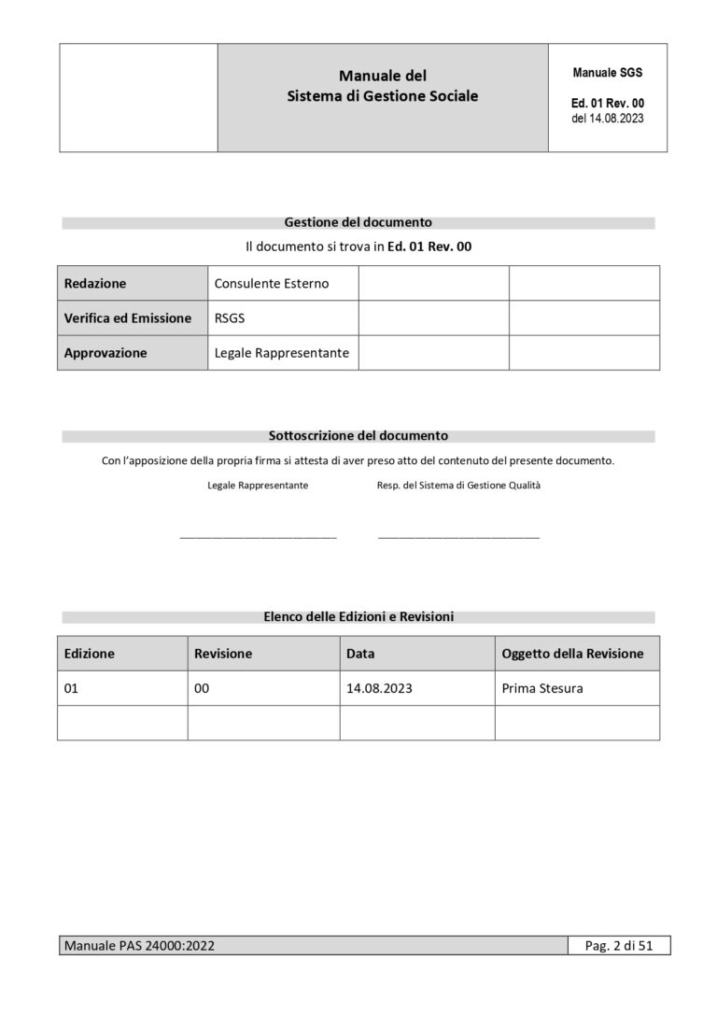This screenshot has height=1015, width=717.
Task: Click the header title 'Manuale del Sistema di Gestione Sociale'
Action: (383, 86)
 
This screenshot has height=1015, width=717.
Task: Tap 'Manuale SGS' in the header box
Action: (607, 72)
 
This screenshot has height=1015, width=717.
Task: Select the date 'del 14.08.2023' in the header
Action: (607, 119)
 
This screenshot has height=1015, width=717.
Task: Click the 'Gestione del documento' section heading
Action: (358, 222)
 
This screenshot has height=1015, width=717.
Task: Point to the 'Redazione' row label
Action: (95, 283)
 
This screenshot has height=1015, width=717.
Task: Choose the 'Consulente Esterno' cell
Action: (272, 283)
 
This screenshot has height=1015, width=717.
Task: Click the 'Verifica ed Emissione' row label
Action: (128, 317)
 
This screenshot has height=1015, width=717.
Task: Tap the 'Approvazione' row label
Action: (105, 353)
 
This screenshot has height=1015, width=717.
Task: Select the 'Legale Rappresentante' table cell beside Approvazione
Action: (282, 353)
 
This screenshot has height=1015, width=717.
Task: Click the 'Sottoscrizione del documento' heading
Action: (358, 435)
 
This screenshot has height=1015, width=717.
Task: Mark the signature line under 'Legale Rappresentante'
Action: (258, 537)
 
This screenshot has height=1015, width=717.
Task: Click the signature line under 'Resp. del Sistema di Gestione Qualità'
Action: (458, 537)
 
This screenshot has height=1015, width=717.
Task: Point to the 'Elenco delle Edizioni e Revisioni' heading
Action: (358, 616)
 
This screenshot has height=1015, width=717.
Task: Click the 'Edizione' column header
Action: (90, 654)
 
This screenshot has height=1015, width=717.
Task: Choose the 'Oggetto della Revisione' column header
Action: (572, 654)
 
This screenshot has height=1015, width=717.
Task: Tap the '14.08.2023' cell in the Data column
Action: (379, 688)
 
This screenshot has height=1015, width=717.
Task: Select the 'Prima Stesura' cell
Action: (542, 688)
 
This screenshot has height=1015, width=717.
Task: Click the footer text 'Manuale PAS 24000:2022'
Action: (139, 946)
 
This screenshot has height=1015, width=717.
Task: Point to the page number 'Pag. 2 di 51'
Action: (619, 946)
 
